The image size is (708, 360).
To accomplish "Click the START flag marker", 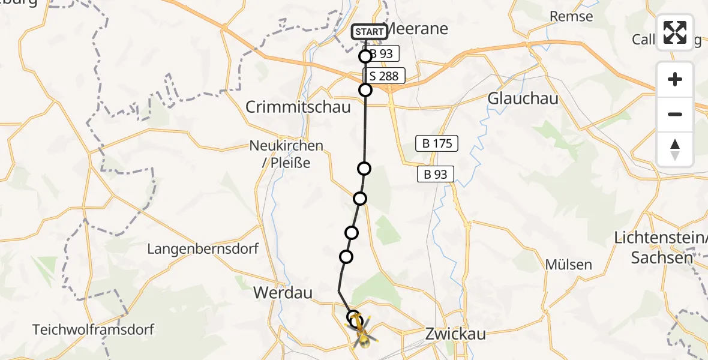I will [x=369, y=32].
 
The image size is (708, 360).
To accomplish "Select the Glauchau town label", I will [x=523, y=98].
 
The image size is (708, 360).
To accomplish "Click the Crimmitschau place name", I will [x=289, y=107].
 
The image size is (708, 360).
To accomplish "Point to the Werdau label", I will [x=283, y=293].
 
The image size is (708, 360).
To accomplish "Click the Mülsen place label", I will [x=568, y=264].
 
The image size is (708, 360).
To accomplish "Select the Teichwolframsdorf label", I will [x=94, y=329].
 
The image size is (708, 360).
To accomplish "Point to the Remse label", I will [x=571, y=17].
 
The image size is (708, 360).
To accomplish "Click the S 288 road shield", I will [x=385, y=76].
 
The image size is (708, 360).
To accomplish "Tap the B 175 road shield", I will [x=437, y=143].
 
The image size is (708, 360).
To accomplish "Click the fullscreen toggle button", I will [x=675, y=32].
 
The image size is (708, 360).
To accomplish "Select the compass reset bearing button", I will [x=675, y=149].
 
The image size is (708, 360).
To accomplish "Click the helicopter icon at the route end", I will [x=362, y=332].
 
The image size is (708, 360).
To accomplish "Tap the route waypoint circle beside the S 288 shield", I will [x=365, y=90].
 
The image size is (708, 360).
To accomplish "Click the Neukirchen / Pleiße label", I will [x=287, y=154].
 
